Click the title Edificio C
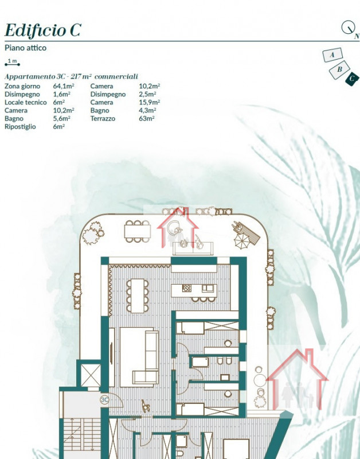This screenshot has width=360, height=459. [x=42, y=30]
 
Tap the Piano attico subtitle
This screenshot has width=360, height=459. [x=25, y=48]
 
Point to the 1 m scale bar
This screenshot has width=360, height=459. [x=12, y=64]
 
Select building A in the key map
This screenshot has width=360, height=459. [x=332, y=55]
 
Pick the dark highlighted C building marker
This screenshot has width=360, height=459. [x=352, y=79]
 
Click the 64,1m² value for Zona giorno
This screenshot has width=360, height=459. [x=64, y=86]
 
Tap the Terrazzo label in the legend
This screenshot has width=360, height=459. [x=103, y=119]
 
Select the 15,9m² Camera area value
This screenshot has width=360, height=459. [x=149, y=103]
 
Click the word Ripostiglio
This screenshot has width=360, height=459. [x=20, y=126]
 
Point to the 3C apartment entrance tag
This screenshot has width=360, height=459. [x=104, y=399]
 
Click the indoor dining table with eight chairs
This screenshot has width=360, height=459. [x=138, y=295]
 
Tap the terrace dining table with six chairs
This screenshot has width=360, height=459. [x=138, y=232]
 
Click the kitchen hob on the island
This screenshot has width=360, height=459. [x=186, y=288]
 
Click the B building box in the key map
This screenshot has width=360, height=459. [x=339, y=70]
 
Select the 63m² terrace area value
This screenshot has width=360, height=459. [x=147, y=119]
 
